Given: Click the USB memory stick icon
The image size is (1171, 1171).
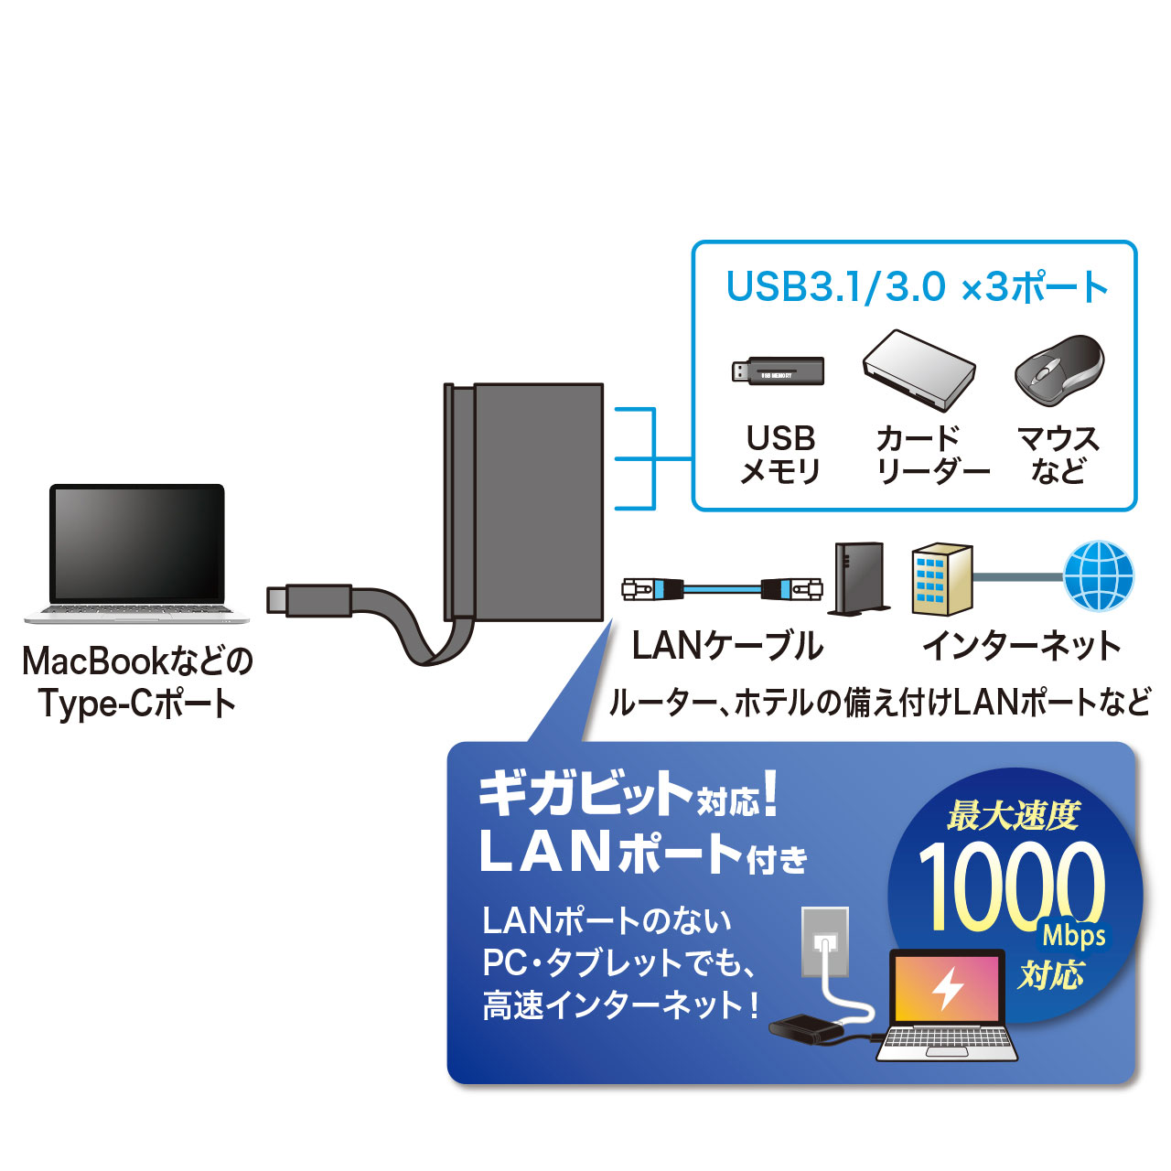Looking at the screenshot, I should pos(779,371).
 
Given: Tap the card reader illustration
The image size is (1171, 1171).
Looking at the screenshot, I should pos(919,369).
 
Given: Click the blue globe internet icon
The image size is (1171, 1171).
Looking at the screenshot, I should pos(1099,576).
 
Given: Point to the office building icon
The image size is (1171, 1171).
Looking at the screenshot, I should pos(941,578).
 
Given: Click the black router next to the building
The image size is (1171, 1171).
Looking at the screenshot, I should pos(859,578).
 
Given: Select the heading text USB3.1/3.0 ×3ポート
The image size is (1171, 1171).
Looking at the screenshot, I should pos(916,287).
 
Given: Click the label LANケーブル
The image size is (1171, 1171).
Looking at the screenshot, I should pos(727,647).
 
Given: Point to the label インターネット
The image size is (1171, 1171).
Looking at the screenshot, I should pos(1021,647).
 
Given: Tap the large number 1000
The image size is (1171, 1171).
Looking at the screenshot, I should pos(1011,886).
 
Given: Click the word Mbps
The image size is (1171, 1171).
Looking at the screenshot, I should pos(1073,936).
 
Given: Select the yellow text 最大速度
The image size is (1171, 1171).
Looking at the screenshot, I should pos(1014,815).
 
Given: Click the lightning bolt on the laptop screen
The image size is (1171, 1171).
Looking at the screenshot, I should pos(948,988).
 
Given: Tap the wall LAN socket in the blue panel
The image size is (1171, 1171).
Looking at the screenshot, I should pos(824,941).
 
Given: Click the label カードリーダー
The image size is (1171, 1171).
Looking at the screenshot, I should pos(932,455).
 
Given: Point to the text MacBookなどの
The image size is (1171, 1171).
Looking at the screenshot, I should pos(137,661).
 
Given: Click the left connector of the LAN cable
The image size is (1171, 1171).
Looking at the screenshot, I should pos(651,588).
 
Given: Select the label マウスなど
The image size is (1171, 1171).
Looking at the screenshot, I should pos(1058,455).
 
